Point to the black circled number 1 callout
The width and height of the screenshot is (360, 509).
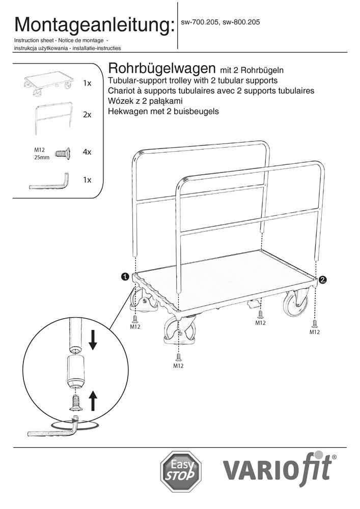click(x=124, y=277)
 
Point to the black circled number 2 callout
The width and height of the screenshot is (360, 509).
click(x=323, y=279)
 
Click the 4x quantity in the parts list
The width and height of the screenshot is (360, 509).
click(x=87, y=152)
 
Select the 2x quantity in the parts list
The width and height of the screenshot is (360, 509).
click(x=87, y=115)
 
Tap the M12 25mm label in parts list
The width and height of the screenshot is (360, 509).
click(x=41, y=153)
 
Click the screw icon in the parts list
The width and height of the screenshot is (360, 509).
click(x=62, y=152)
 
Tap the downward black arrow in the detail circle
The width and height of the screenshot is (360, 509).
click(x=93, y=340)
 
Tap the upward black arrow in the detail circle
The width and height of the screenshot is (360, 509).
click(x=93, y=400)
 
